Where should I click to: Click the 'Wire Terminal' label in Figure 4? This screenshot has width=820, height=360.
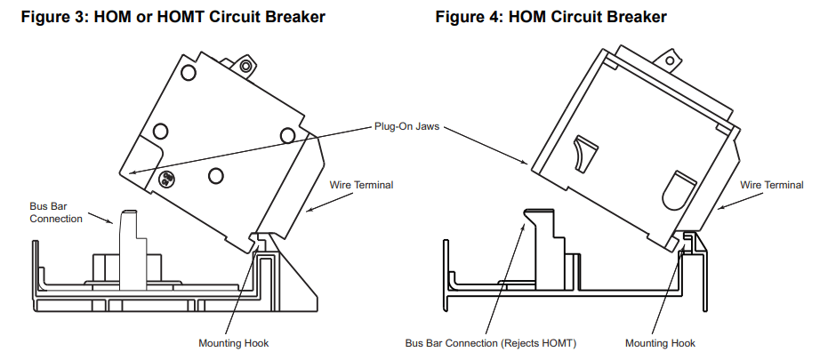pos(772,185)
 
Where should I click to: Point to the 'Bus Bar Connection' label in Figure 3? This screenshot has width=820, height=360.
pos(56,212)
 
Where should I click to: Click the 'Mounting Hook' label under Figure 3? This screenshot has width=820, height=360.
pos(234,343)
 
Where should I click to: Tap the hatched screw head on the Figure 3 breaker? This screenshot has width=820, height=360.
pos(165,179)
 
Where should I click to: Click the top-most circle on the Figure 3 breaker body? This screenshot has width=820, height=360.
pos(188,72)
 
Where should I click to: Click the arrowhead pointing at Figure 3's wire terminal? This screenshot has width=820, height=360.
pos(308,212)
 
